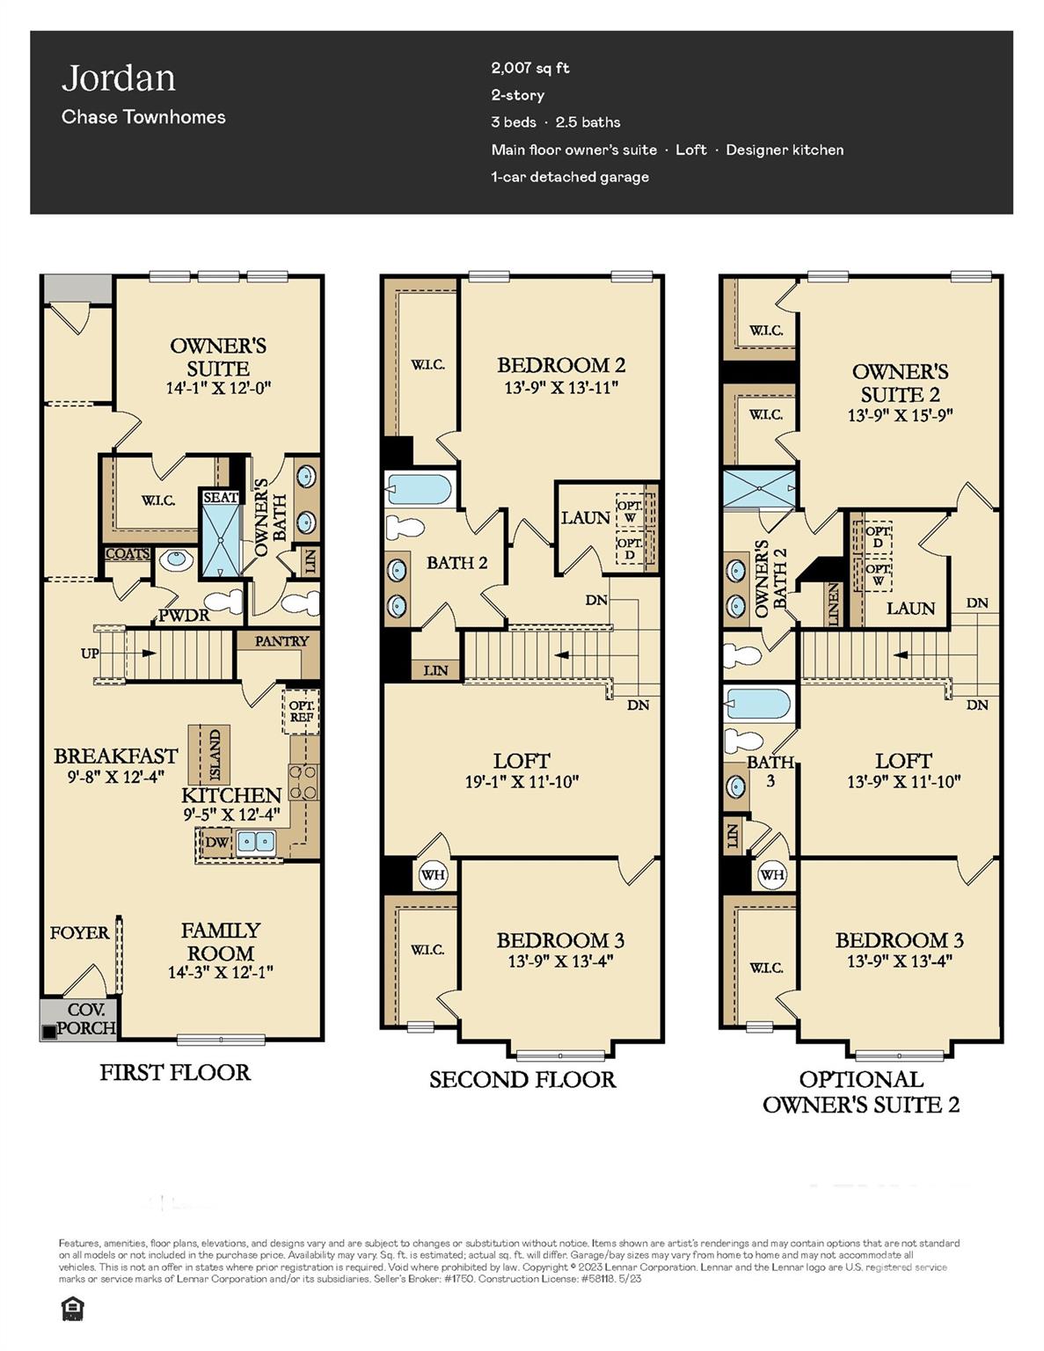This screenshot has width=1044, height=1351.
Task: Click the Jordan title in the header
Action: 119,78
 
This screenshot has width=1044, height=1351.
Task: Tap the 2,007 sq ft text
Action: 530,68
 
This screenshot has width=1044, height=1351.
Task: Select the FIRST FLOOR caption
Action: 174,1072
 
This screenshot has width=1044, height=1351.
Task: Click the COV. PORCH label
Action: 85,1019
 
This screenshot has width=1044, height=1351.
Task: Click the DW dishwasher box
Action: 215,842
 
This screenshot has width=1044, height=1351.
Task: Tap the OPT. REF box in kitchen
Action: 302,712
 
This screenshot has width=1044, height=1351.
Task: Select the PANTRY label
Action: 281,641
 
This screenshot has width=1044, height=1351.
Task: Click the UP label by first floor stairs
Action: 90,654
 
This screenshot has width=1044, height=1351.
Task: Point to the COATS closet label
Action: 128,554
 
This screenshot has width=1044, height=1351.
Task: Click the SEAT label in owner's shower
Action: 220,498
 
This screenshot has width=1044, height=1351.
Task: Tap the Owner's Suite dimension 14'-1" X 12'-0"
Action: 218,388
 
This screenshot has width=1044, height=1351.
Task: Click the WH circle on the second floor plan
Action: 433,875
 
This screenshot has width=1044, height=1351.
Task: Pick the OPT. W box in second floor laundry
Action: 629,512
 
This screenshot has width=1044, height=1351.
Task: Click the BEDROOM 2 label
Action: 560,365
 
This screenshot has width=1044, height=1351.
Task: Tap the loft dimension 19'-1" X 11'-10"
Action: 522,781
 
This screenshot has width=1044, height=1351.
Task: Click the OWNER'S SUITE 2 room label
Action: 900,383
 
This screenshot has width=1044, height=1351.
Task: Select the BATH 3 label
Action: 770,770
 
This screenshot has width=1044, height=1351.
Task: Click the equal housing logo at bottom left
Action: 71,1310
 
